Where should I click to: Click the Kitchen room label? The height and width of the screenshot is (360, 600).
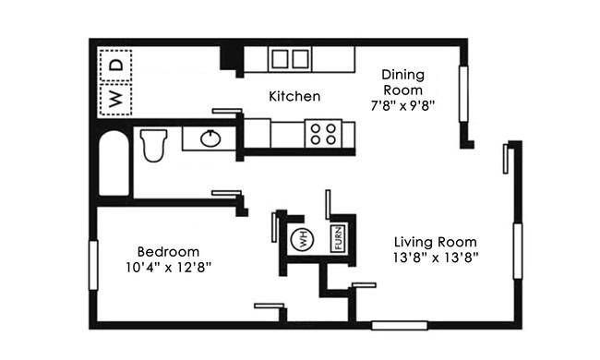294,96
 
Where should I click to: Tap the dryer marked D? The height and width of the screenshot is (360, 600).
115,65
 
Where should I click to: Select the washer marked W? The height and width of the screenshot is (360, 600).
115,99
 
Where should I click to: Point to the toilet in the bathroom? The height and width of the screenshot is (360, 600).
154,145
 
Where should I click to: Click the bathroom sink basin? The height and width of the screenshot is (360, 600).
210,138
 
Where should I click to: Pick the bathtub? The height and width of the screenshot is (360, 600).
114,163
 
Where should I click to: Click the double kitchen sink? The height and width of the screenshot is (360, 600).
290,59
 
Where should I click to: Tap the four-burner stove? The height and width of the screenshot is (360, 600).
323,134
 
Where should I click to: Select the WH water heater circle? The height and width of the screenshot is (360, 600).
302,239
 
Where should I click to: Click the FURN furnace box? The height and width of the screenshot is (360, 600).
338,238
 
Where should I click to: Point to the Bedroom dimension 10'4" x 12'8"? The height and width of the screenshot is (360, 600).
168,267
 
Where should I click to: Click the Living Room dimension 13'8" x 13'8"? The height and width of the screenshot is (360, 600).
436,258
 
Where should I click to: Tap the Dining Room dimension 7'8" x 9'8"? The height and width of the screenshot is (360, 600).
403,105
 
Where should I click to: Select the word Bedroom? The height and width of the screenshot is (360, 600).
168,252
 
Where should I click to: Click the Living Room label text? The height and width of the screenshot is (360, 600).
436,242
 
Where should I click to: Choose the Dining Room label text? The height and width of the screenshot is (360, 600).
403,82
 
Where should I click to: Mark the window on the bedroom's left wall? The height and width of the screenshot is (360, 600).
93,265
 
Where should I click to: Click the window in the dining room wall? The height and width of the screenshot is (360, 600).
463,94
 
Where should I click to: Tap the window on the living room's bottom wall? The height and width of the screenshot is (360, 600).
400,326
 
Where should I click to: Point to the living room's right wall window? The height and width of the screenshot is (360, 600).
518,251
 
